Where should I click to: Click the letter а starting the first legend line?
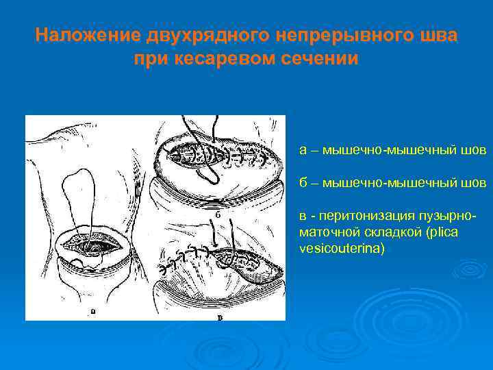303,150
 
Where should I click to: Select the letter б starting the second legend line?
303,183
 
